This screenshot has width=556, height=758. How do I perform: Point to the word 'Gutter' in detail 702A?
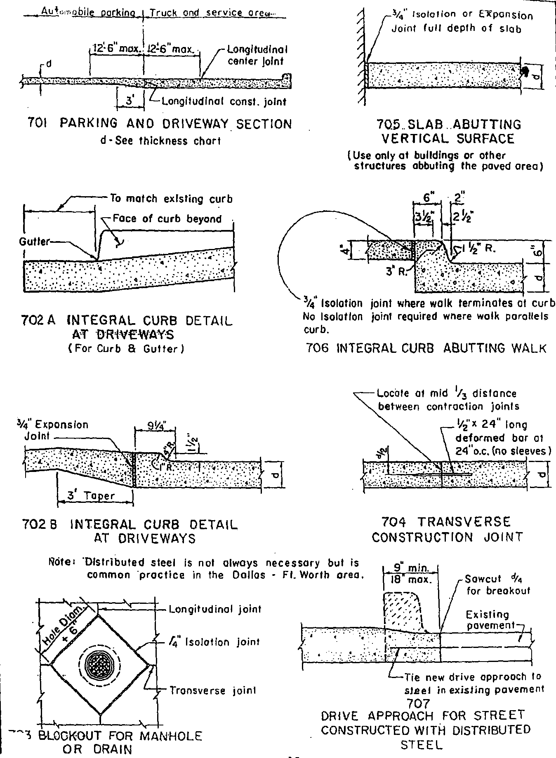click(x=34, y=242)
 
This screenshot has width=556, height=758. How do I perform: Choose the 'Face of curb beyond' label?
click(x=167, y=219)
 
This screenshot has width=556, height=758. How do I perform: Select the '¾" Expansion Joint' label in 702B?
click(x=56, y=430)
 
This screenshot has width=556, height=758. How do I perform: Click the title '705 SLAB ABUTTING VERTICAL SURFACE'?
click(x=449, y=131)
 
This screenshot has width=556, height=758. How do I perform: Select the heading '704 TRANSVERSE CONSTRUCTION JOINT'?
click(x=447, y=529)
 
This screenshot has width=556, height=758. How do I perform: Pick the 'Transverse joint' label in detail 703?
click(x=213, y=690)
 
